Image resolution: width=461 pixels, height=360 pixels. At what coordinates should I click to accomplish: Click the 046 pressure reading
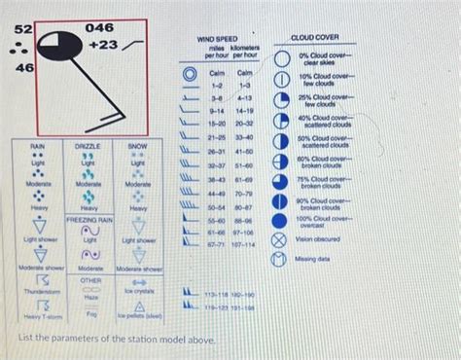pyautogui.click(x=101, y=27)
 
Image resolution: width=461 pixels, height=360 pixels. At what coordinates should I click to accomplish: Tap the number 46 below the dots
pyautogui.click(x=23, y=68)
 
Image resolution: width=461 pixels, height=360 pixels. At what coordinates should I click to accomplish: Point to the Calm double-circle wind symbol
pyautogui.click(x=188, y=74)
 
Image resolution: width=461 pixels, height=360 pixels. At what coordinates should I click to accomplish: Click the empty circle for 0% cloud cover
pyautogui.click(x=280, y=60)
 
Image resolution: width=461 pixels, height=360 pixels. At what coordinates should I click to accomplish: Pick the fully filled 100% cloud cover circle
pyautogui.click(x=280, y=219)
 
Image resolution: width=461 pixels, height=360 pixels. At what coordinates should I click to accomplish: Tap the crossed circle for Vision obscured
pyautogui.click(x=280, y=238)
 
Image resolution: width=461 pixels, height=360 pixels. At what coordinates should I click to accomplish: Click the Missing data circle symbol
pyautogui.click(x=280, y=260)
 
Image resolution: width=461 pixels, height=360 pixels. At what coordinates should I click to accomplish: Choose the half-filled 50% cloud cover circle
pyautogui.click(x=280, y=140)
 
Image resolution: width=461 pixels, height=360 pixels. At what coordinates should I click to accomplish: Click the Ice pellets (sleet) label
pyautogui.click(x=140, y=316)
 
